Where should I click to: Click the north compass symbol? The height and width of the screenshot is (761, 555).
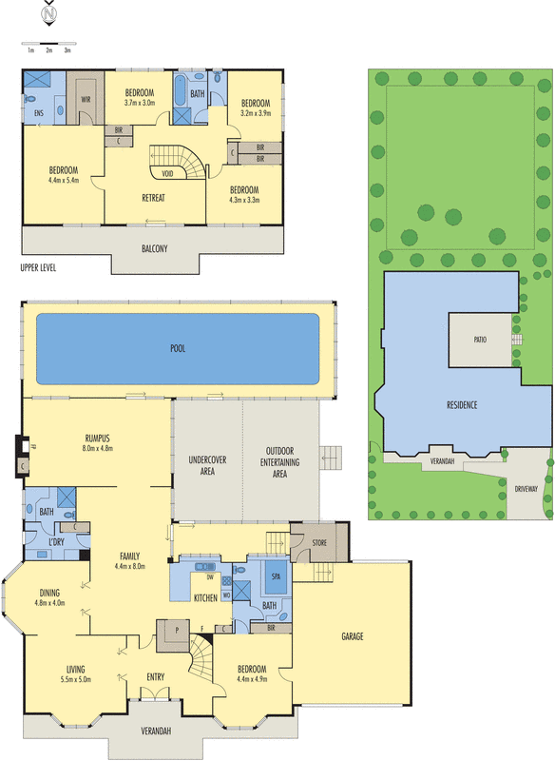click(x=48, y=15)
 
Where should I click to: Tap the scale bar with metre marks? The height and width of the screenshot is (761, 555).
click(x=48, y=44)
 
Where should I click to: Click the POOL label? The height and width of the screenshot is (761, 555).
click(x=178, y=348)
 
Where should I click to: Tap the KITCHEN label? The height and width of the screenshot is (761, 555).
click(x=205, y=597)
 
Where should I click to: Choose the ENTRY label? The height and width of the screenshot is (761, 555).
click(x=157, y=676)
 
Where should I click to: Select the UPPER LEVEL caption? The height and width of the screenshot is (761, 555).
click(x=38, y=268)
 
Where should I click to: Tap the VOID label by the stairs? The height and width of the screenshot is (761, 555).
click(x=166, y=173)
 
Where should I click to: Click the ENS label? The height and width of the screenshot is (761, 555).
click(x=38, y=112)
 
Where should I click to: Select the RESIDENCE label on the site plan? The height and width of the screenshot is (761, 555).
click(x=461, y=405)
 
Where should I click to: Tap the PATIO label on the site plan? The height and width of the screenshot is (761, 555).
click(x=481, y=338)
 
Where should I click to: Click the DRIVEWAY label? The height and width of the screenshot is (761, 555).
click(x=526, y=489)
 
